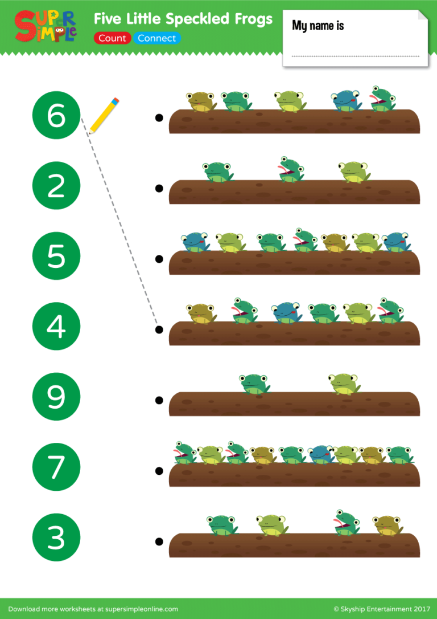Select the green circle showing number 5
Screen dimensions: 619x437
tap(56, 256)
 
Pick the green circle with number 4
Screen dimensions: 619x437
tap(56, 326)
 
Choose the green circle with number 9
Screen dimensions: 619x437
tap(56, 396)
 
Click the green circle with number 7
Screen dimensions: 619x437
tap(56, 467)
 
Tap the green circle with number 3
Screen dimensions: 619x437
tap(56, 537)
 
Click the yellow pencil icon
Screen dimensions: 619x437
tap(104, 116)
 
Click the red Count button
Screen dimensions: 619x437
tap(112, 38)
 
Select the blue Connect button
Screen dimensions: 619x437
tap(156, 38)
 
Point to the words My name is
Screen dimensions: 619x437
tap(318, 26)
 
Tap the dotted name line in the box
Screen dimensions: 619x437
tap(355, 56)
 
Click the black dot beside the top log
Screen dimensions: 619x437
tap(159, 118)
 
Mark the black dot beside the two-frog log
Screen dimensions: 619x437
tap(159, 400)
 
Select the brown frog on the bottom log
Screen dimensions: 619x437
tap(387, 525)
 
